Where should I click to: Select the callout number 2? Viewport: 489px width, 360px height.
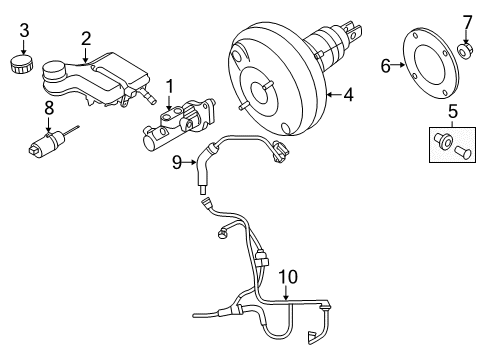pyautogui.click(x=86, y=39)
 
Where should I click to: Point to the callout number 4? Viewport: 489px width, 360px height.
pyautogui.click(x=348, y=96)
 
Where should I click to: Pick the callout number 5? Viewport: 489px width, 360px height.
pyautogui.click(x=452, y=112)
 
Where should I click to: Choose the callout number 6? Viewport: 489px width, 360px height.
pyautogui.click(x=386, y=67)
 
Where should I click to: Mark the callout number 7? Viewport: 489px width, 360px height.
pyautogui.click(x=465, y=21)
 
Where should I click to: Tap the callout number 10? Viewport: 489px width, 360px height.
pyautogui.click(x=288, y=275)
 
